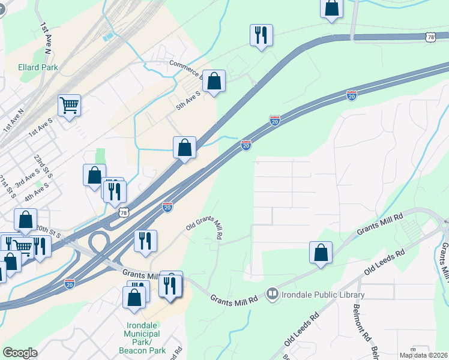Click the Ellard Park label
click(x=38, y=67)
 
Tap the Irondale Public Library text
click(x=325, y=295)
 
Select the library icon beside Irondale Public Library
click(x=273, y=294)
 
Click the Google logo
click(x=20, y=353)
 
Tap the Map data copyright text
click(x=424, y=355)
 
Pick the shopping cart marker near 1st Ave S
click(x=70, y=106)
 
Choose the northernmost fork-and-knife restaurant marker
click(x=261, y=35)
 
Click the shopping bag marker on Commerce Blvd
click(x=214, y=81)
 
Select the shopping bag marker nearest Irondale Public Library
click(x=321, y=252)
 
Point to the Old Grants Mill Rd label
click(x=204, y=229)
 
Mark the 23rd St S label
click(x=43, y=166)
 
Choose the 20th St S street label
click(x=47, y=231)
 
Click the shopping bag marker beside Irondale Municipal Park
click(x=133, y=297)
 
